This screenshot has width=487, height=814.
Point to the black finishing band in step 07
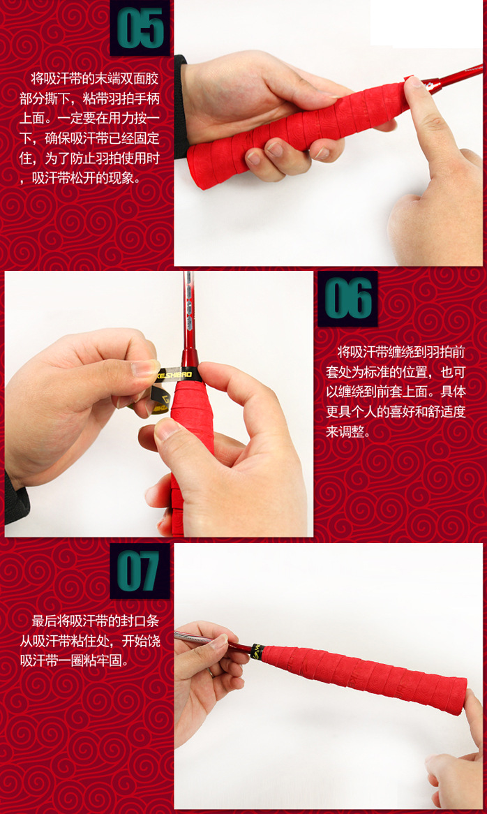pos(257,652)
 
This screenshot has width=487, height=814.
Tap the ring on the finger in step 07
pos(211,672)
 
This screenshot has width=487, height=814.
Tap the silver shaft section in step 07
pos(197,637)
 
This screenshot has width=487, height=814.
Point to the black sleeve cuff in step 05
pos(180,106)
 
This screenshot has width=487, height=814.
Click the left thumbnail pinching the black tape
pos(145,368)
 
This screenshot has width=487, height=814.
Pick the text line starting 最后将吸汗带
pos(96,621)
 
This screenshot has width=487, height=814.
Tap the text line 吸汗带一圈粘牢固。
pos(74,661)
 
